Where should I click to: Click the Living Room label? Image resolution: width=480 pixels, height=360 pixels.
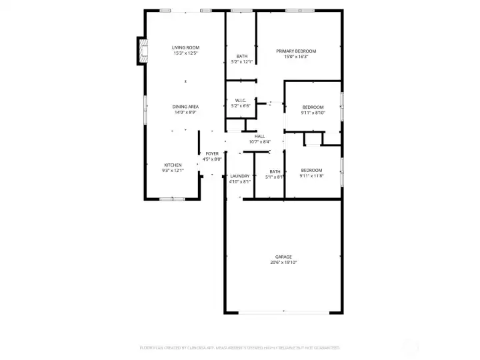185,47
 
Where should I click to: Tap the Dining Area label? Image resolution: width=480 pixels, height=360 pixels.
185,106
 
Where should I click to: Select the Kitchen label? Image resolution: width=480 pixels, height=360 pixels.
173,165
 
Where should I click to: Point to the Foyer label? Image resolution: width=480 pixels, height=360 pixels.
212,154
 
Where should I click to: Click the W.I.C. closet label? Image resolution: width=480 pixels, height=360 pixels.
241,100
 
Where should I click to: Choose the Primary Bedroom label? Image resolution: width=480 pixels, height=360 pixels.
296,51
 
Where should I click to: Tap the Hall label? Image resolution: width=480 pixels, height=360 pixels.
259,136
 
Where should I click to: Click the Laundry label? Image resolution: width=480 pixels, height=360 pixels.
239,176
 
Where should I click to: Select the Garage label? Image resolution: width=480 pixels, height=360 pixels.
283,257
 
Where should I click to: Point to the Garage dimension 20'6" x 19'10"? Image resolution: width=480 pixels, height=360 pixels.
283,263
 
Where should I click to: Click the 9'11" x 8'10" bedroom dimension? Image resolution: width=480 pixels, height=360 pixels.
313,113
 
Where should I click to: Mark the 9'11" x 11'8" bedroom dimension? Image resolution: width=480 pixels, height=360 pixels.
311,175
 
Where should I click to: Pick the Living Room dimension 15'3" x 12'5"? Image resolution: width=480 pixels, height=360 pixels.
185,53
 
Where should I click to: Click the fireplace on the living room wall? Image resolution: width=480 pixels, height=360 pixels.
141,51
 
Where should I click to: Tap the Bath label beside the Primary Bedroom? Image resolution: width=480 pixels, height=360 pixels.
241,56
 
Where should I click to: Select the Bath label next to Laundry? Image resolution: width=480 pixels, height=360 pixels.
275,171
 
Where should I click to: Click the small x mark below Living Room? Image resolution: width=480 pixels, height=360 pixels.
185,82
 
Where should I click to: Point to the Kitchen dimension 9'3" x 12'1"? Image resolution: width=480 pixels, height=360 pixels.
173,171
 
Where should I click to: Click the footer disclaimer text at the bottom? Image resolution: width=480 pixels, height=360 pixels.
239,347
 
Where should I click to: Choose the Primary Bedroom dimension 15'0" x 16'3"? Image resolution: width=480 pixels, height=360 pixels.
296,57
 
